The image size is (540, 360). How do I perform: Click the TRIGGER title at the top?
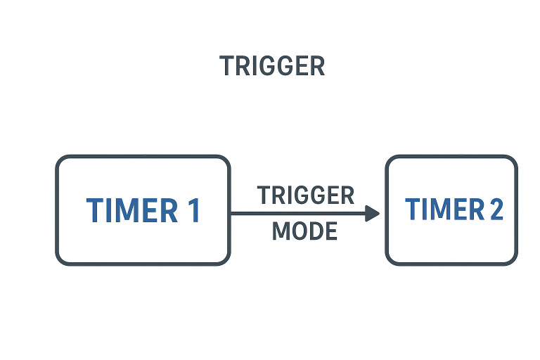tap(272, 66)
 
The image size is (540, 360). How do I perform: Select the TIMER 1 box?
tap(143, 210)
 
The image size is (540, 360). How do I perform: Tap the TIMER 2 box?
tap(451, 210)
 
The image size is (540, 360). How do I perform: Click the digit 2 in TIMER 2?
tap(496, 210)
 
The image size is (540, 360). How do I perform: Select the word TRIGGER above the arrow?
tap(305, 195)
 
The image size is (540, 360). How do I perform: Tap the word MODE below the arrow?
tap(304, 231)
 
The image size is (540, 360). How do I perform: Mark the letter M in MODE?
tap(281, 231)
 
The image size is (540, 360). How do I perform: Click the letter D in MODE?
tap(315, 231)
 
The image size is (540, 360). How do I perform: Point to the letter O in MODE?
tap(298, 231)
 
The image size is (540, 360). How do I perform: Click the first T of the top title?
tap(226, 66)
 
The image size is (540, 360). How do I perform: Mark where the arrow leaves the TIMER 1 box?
tap(231, 213)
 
